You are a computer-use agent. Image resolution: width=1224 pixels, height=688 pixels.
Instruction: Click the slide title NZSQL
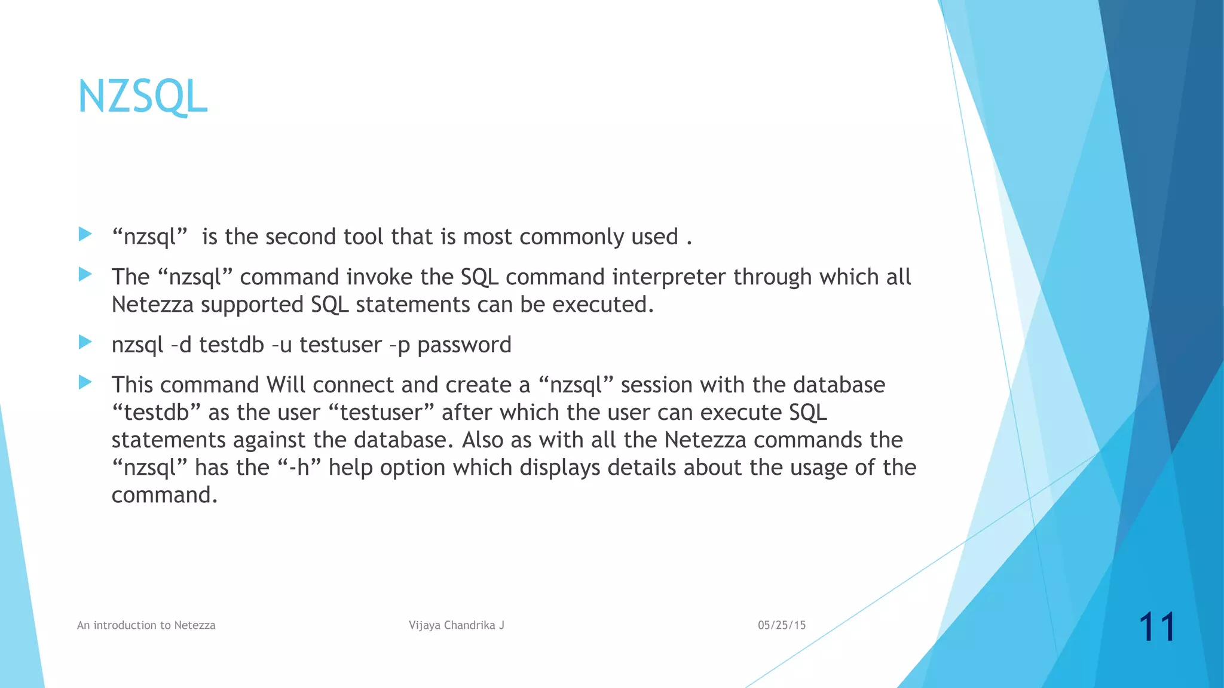coord(142,97)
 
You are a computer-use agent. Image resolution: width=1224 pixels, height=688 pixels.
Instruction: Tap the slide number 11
coord(1157,627)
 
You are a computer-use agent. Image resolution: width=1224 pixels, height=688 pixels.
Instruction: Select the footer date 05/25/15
coord(782,625)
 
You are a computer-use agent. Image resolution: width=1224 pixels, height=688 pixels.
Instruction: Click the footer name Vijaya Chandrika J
coord(457,625)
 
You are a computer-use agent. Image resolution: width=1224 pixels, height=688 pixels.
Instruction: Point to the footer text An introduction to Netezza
coord(146,625)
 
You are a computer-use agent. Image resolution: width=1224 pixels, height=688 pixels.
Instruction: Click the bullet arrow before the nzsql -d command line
coord(85,342)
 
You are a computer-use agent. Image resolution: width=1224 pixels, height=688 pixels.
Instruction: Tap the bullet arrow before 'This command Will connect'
coord(85,382)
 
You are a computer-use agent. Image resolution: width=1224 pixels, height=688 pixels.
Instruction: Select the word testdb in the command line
coord(231,345)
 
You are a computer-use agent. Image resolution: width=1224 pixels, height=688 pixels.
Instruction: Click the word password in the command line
coord(464,345)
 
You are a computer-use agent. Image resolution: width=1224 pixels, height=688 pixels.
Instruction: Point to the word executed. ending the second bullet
coord(603,305)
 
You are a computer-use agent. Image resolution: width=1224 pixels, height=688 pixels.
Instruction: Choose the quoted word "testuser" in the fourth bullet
coord(382,413)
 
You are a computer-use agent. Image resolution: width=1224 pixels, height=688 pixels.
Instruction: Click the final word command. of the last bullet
coord(164,495)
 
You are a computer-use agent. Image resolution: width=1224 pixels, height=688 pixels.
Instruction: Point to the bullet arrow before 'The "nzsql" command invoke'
coord(85,275)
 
